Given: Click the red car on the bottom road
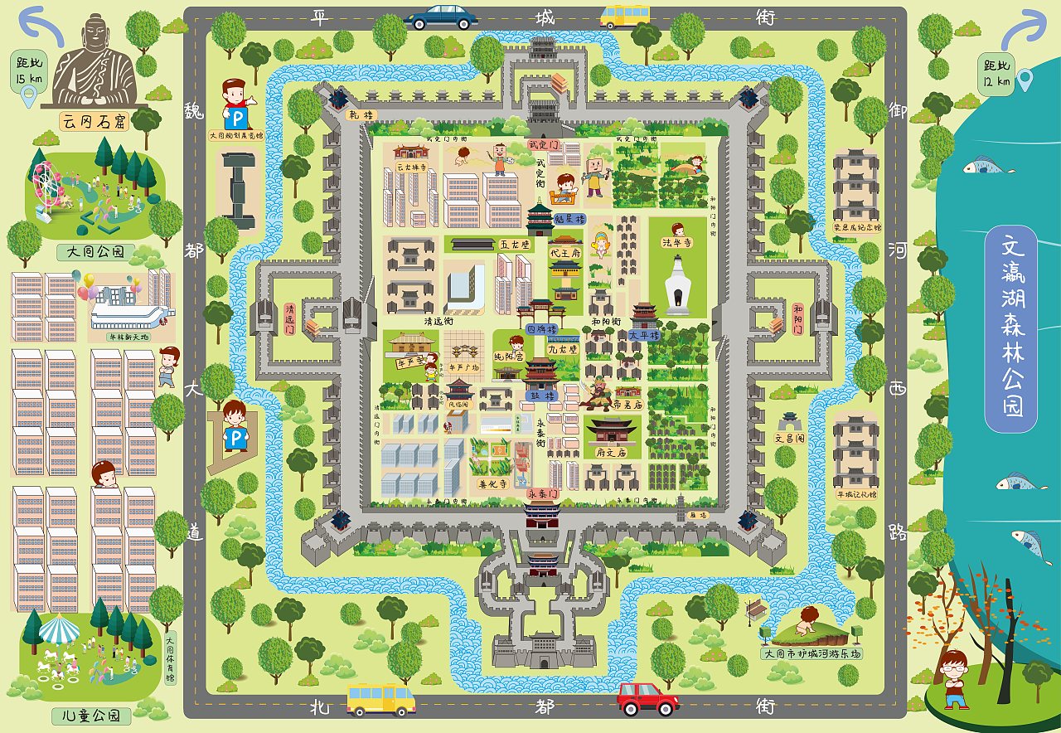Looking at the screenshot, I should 647,698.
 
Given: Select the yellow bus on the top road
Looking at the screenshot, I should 625,16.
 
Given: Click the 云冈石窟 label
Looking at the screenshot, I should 96,121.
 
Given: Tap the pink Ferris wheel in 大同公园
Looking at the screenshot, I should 47,182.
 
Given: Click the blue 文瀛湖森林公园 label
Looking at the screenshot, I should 1010,328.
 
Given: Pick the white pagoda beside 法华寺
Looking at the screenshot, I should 678,286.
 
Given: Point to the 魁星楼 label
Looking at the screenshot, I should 569,219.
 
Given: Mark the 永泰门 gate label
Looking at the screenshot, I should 545,493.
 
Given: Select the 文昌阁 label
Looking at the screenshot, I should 789,437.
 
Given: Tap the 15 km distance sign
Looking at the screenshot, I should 26,73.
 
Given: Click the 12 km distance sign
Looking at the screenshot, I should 997,73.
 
